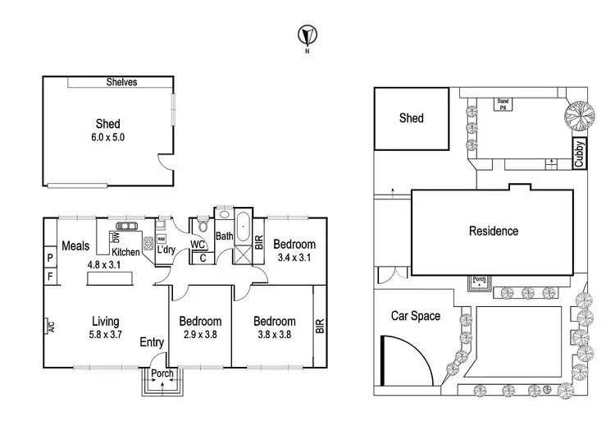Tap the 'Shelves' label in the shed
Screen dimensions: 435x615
point(121,82)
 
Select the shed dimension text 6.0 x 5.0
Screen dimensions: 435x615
point(108,137)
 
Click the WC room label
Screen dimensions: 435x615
point(197,245)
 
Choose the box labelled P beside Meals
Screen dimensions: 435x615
point(49,259)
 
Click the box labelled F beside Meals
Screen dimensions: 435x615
point(49,277)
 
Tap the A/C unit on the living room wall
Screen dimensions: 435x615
point(48,328)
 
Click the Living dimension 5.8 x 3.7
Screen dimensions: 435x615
point(106,336)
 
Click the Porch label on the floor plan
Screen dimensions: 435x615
point(163,375)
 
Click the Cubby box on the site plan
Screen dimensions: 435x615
point(579,153)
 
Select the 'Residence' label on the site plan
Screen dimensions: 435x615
point(493,231)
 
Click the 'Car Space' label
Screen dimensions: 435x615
point(415,316)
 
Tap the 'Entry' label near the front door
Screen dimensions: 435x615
point(153,342)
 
